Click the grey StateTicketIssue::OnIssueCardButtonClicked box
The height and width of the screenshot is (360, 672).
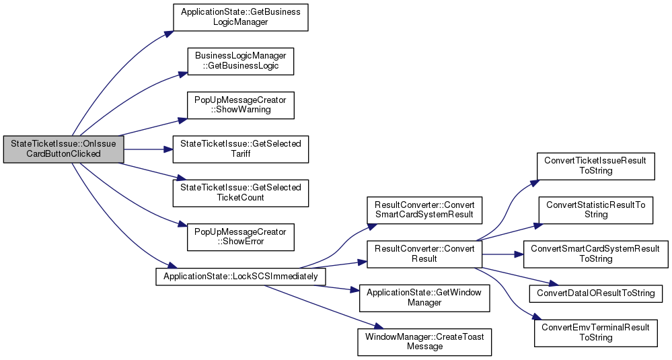(x=63, y=149)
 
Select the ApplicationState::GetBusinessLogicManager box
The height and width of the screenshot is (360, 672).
(x=240, y=17)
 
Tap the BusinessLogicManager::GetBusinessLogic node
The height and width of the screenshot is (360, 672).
(x=240, y=61)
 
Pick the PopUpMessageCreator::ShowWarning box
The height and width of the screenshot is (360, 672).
(x=240, y=104)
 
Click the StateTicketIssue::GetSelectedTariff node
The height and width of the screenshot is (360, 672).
(x=240, y=149)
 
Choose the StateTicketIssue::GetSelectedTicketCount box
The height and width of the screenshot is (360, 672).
(x=240, y=192)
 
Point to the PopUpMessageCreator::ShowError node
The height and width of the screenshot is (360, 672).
(x=240, y=236)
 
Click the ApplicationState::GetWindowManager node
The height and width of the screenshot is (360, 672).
(x=424, y=297)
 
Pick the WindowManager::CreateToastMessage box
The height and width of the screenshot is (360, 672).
(x=424, y=341)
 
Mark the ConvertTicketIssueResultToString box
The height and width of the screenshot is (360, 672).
(x=595, y=166)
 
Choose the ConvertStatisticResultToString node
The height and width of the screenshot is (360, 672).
(x=595, y=210)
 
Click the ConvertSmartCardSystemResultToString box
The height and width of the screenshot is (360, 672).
(x=595, y=254)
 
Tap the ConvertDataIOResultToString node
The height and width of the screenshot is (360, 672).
(x=595, y=293)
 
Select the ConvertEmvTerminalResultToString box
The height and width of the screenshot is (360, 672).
(x=595, y=333)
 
